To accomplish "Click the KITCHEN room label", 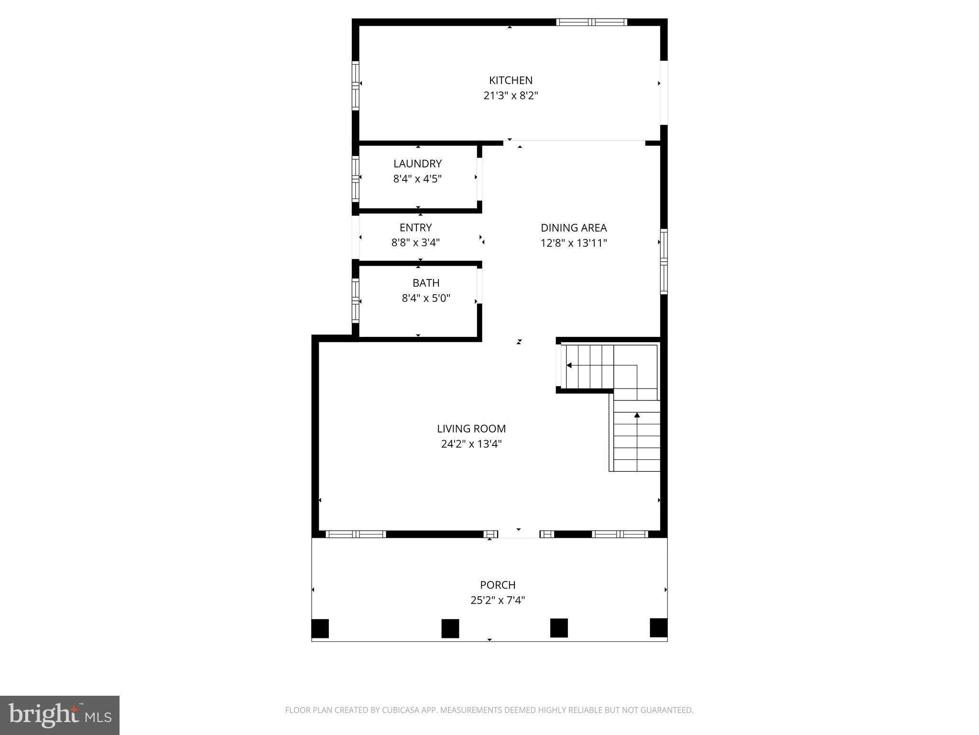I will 511,80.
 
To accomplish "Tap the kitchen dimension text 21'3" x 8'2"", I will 511,96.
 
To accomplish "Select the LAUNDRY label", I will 417,164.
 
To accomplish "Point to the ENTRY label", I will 415,227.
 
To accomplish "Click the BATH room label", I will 425,283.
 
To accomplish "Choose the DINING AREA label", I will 574,228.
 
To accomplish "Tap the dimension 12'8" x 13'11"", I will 574,243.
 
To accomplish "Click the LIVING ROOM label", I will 471,429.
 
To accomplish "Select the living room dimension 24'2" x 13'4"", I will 471,444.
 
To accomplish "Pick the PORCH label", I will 498,585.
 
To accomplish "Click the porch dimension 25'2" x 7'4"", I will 498,600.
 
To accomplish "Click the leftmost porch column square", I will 320,628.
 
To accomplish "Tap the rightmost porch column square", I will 658,628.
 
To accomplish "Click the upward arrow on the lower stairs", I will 637,415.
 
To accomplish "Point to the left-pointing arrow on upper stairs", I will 569,366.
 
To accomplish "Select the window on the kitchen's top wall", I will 591,22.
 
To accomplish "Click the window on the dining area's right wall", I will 664,261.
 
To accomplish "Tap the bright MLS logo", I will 60,715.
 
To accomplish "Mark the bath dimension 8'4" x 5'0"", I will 425,299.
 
